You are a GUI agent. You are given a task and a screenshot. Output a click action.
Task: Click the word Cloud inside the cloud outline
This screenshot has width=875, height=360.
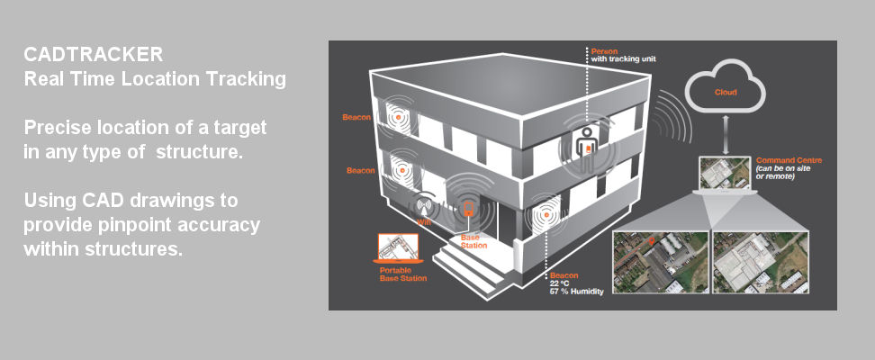725,93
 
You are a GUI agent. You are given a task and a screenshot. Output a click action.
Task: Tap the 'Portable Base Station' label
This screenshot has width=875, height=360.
402,274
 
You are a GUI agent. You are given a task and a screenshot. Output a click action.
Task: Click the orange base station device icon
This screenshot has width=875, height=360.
467,211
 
